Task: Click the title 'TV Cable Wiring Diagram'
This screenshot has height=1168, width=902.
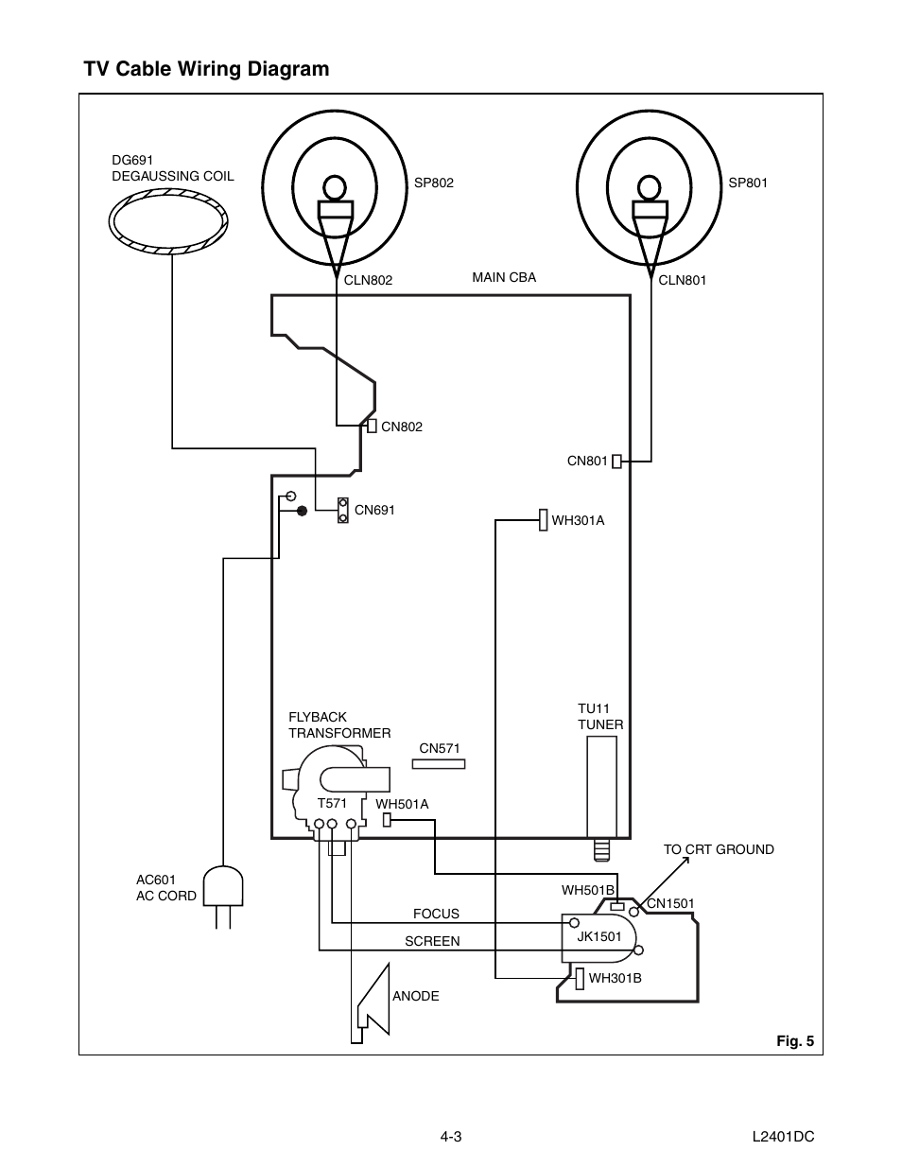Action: (x=206, y=69)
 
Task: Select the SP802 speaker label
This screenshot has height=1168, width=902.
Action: (x=434, y=183)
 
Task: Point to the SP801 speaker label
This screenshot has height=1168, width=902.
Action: (x=748, y=183)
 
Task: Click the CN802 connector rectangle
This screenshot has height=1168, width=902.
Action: (x=373, y=426)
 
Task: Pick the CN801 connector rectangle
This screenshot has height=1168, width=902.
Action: (x=616, y=462)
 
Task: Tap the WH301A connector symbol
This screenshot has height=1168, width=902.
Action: (x=544, y=520)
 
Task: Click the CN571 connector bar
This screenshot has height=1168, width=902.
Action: (x=439, y=763)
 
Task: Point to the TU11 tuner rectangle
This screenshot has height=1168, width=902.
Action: (x=601, y=786)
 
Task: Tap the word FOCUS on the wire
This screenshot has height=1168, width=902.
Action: (x=436, y=914)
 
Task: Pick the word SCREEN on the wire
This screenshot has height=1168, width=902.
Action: (x=432, y=941)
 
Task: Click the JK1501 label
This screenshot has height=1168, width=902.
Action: (x=599, y=936)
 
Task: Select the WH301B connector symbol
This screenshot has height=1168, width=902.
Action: (x=579, y=977)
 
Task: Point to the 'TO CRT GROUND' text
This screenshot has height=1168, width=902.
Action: (x=719, y=849)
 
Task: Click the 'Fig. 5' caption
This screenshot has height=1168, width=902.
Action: (x=794, y=1041)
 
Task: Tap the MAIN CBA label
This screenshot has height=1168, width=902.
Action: (x=504, y=277)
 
